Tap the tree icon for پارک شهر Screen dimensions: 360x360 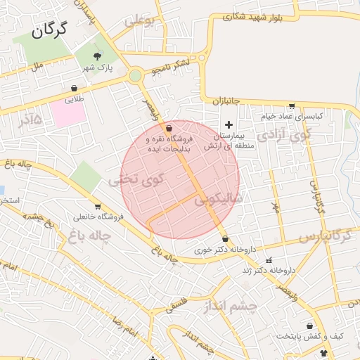tap(98, 56)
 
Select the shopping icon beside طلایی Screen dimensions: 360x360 tap(75, 89)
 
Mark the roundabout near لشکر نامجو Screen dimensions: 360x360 tap(135, 75)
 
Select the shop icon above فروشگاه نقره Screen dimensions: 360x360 tap(169, 129)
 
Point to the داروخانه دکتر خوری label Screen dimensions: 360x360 tap(218, 249)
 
